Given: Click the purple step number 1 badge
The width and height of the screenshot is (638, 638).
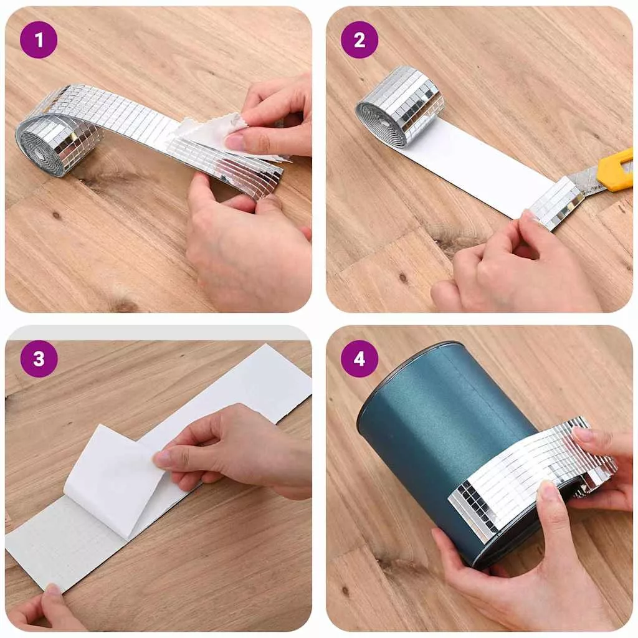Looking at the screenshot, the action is [39, 40].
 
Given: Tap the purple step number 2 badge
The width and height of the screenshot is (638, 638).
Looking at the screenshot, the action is [359, 40].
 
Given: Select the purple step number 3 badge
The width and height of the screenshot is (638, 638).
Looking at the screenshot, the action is [39, 359].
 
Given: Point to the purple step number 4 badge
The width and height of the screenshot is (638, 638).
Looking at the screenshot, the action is [359, 359].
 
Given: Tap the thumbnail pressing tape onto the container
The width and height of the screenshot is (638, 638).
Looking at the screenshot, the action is [547, 490].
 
